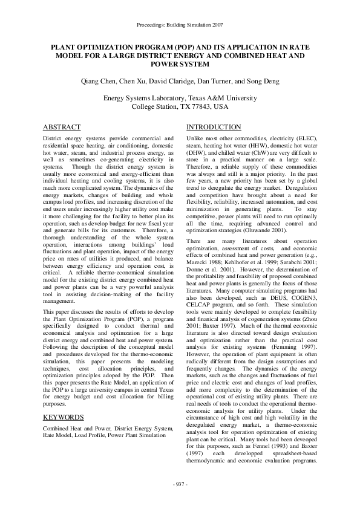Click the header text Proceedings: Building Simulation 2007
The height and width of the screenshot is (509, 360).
point(180,25)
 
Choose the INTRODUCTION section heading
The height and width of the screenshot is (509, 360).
point(214,128)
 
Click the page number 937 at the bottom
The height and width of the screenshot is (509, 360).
point(180,485)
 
